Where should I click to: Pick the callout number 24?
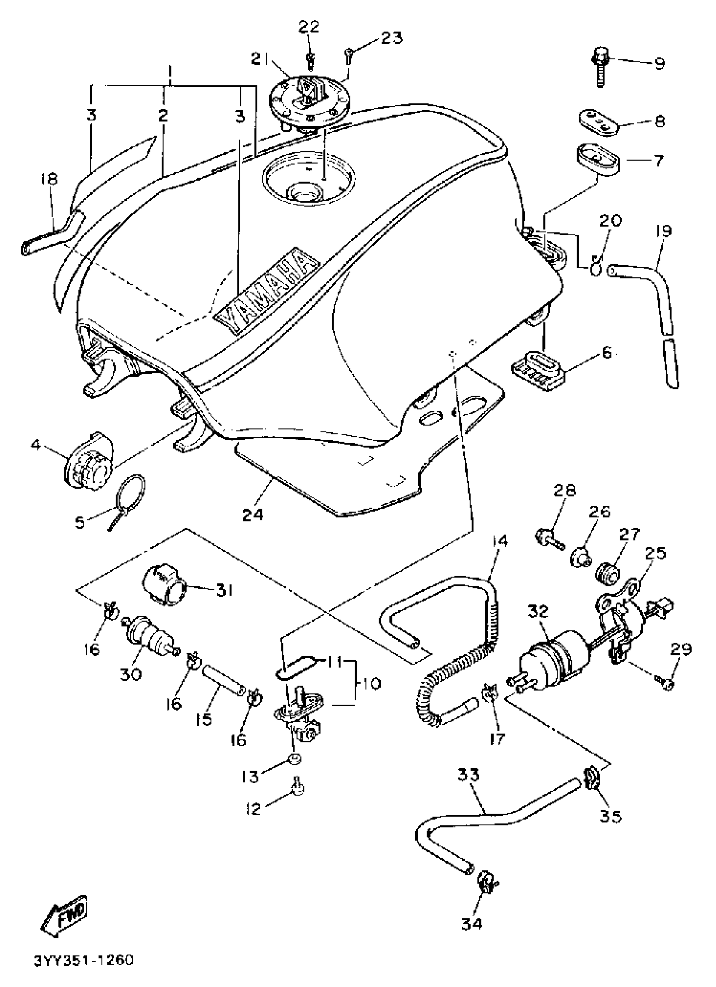point(253,514)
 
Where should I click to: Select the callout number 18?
point(50,179)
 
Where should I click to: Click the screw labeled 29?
point(668,684)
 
